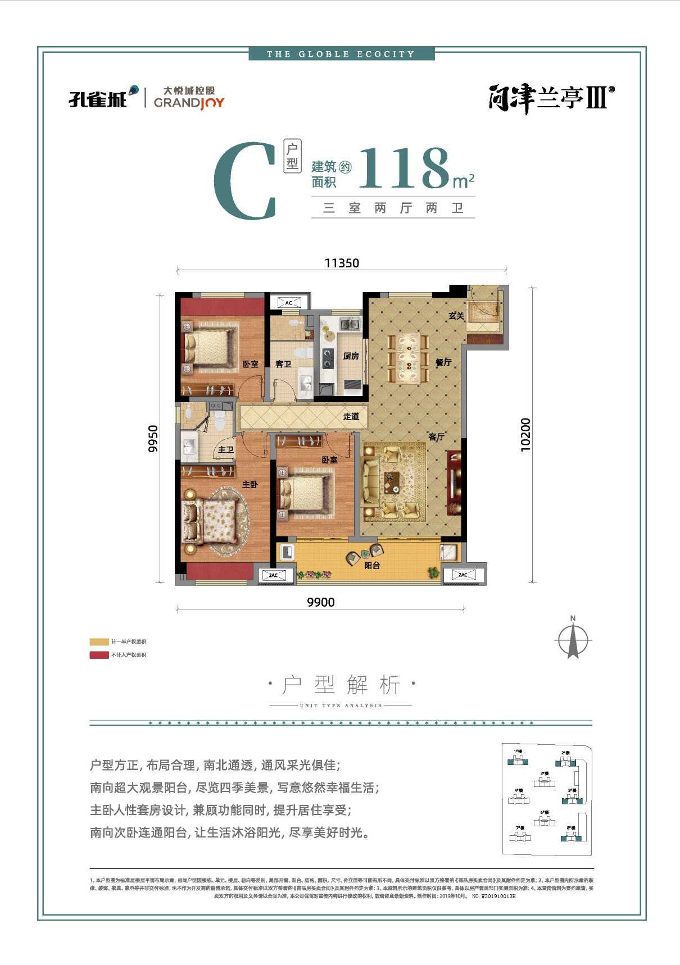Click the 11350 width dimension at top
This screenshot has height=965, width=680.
tap(342, 263)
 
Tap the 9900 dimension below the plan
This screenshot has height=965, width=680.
tap(321, 602)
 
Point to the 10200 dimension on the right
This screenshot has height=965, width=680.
tap(525, 434)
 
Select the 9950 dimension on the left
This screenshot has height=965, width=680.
tap(153, 438)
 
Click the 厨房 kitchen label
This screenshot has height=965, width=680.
tap(351, 356)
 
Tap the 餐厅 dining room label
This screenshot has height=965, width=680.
tap(443, 362)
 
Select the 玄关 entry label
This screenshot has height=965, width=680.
tap(456, 316)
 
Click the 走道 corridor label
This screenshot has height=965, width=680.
tap(351, 416)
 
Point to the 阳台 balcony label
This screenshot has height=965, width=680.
tap(372, 565)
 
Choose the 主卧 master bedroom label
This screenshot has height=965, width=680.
tap(250, 484)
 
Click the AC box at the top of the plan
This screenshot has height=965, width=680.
tap(289, 302)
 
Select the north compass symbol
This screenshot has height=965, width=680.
tap(573, 639)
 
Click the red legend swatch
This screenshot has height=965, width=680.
tap(99, 655)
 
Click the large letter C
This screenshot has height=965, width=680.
tap(246, 181)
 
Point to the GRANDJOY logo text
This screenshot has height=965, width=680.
tap(189, 102)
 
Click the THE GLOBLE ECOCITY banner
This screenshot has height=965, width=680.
tap(341, 54)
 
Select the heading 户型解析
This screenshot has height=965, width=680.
tap(341, 685)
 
